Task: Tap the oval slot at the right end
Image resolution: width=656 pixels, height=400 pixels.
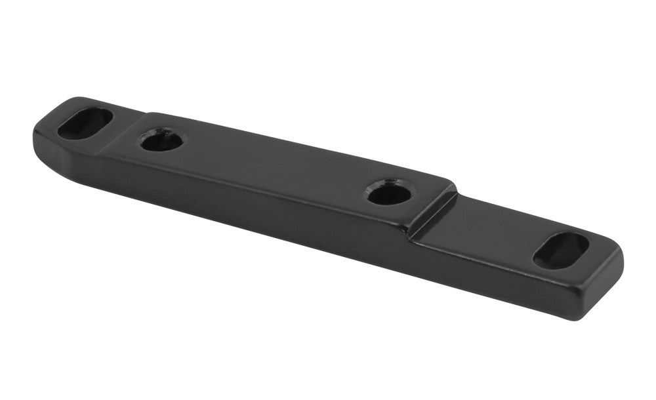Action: pyautogui.click(x=561, y=250)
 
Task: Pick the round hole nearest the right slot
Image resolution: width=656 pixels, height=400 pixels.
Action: pyautogui.click(x=390, y=192)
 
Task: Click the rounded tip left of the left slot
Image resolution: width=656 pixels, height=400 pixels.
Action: pyautogui.click(x=41, y=129)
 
